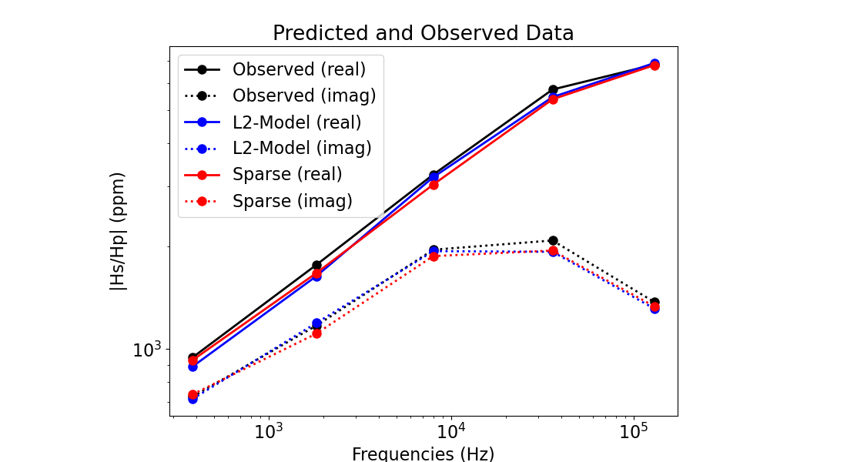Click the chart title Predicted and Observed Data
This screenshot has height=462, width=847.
[x=423, y=34]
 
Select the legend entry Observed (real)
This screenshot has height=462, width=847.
[x=299, y=69]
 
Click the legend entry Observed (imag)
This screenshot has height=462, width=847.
[x=304, y=95]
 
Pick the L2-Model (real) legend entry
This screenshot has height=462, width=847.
[x=296, y=122]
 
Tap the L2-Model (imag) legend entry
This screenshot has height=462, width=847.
[x=302, y=148]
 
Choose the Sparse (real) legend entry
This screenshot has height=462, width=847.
[x=287, y=174]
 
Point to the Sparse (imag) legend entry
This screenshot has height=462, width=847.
[x=292, y=201]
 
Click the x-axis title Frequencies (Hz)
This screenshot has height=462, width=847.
[x=423, y=454]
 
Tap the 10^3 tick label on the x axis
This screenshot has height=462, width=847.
[x=269, y=430]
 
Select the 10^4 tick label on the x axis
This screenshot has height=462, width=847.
[x=451, y=430]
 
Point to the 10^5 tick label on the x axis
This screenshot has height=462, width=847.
[x=633, y=430]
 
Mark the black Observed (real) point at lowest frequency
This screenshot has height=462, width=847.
[x=192, y=357]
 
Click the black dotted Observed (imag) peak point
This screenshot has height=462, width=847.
[x=553, y=241]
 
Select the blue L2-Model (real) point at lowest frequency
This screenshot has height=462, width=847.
[x=192, y=367]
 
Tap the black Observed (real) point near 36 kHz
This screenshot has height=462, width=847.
[x=553, y=89]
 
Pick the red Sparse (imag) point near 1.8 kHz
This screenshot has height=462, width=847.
[x=316, y=333]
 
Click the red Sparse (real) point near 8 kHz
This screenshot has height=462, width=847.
[x=434, y=185]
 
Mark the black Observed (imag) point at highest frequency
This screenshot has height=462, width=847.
[x=654, y=303]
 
